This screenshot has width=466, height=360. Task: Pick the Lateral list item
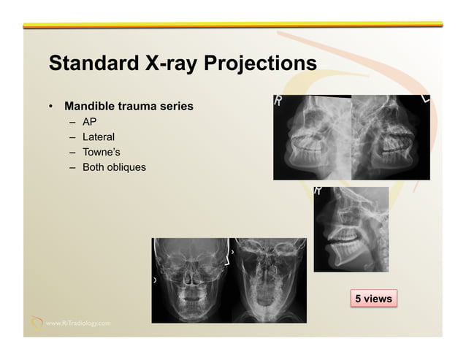pos(98,137)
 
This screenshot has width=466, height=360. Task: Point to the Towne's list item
pos(102,152)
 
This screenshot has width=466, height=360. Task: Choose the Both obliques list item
pos(114,167)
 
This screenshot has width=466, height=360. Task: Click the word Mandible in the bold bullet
pos(90,107)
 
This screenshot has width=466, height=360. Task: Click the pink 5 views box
pos(373,298)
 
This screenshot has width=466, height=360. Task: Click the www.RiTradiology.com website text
pos(79,322)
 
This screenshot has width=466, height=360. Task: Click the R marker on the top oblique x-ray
pos(278,101)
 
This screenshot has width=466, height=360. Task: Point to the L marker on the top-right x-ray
pos(424,99)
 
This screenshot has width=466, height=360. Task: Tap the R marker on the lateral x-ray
pos(318,192)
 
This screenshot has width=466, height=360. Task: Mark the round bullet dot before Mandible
pos(50,107)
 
